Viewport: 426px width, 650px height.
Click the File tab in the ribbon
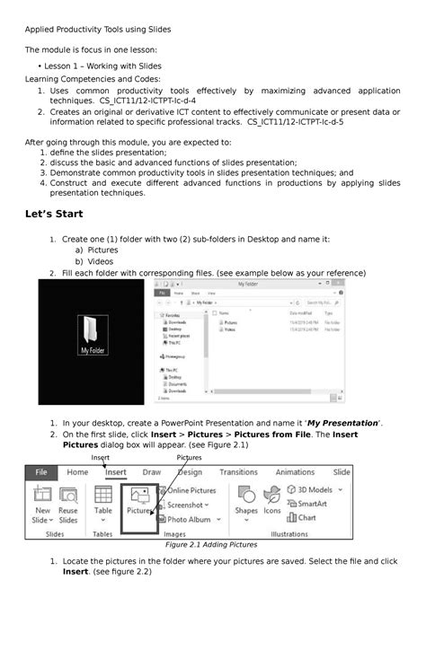pyautogui.click(x=40, y=472)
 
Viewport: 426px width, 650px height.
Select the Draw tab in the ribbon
pyautogui.click(x=152, y=472)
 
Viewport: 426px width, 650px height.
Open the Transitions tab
pyautogui.click(x=238, y=472)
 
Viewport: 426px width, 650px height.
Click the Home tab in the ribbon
pyautogui.click(x=77, y=472)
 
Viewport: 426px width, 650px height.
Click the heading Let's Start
pyautogui.click(x=57, y=215)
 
